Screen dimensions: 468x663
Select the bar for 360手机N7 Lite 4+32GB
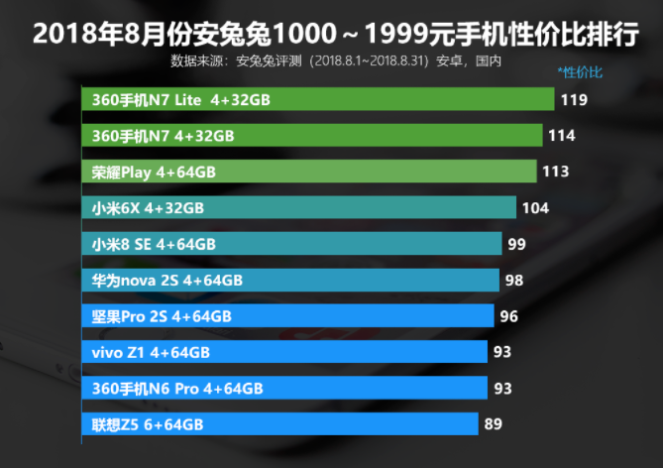(317, 99)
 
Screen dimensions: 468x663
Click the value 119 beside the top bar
(574, 99)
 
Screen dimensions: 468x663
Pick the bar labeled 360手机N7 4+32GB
(311, 135)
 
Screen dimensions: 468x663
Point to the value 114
(562, 135)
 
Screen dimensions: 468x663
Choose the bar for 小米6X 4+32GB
(298, 207)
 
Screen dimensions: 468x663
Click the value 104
(535, 207)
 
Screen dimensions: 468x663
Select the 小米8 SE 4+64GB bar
(291, 244)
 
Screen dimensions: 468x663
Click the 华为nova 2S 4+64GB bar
(289, 280)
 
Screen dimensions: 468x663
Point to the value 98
(513, 280)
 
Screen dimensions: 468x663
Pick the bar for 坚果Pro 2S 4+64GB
(287, 316)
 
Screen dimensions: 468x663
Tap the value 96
(509, 316)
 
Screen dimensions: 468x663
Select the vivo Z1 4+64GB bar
(284, 352)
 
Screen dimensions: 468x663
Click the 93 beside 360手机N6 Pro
(502, 388)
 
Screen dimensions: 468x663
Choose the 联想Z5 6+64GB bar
(279, 424)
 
